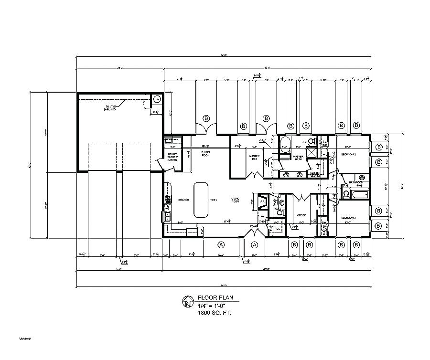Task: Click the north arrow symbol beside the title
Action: coord(188,302)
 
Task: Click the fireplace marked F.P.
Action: coord(262,201)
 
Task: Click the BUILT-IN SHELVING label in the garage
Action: coord(110,107)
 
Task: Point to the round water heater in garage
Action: coord(157,99)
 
